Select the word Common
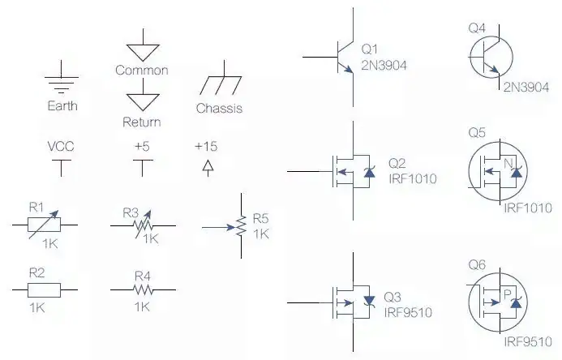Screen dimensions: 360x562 pyautogui.click(x=142, y=71)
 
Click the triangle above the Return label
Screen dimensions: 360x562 pyautogui.click(x=143, y=101)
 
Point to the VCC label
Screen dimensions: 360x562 pyautogui.click(x=62, y=147)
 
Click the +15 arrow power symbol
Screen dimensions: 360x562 pyautogui.click(x=207, y=166)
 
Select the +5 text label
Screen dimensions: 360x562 pyautogui.click(x=142, y=147)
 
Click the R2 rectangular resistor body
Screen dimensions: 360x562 pyautogui.click(x=45, y=289)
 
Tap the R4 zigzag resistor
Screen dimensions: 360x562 pyautogui.click(x=144, y=289)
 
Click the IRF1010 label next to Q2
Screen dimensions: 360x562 pyautogui.click(x=412, y=178)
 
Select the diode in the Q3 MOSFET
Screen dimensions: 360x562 pyautogui.click(x=370, y=301)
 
